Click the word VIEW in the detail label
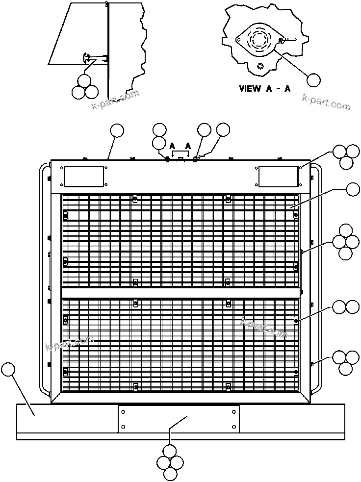pos(250,89)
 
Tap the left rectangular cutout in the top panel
pos(83,176)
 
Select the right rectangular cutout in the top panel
pos(279,176)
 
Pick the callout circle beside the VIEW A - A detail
pos(313,80)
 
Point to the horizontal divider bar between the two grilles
pos(180,293)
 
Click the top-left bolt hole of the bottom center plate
pos(123,411)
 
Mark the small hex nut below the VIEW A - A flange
pos(260,65)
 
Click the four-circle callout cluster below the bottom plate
pos(170,462)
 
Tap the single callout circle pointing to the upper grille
pos(352,189)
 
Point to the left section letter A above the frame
pos(172,146)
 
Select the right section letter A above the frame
pos(188,146)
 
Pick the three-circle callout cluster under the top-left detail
pos(85,87)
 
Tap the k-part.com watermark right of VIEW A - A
pos(326,102)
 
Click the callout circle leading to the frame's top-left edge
pos(117,130)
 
